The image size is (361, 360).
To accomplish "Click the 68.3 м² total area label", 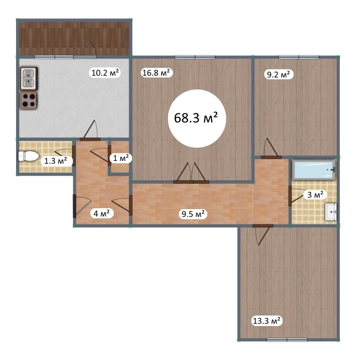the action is (x=196, y=118).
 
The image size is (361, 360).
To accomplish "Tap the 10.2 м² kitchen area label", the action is (x=105, y=73).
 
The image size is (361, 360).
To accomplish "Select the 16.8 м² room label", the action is (x=156, y=73).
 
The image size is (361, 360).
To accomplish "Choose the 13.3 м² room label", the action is (x=267, y=321).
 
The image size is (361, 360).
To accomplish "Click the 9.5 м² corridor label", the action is (x=193, y=214).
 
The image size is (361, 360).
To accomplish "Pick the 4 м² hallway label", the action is (x=101, y=213).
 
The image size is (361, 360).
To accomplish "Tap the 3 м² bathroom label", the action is (x=315, y=195).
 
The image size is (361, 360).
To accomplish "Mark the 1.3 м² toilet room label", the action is (x=56, y=161).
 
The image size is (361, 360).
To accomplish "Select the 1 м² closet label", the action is (x=121, y=158).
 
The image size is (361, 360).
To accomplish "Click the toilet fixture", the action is (x=28, y=156).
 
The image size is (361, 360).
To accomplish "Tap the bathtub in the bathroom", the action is (x=314, y=170).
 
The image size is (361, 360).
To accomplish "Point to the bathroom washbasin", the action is (x=331, y=212).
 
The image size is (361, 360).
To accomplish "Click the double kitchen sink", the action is (x=29, y=78).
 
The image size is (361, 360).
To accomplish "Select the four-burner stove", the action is (x=29, y=100).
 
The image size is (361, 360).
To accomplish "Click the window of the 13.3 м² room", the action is (x=287, y=339).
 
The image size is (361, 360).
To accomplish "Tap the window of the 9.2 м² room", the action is (x=299, y=57).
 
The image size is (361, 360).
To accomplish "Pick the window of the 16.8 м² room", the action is (x=195, y=57).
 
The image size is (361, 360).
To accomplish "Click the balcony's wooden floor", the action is (x=74, y=39).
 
